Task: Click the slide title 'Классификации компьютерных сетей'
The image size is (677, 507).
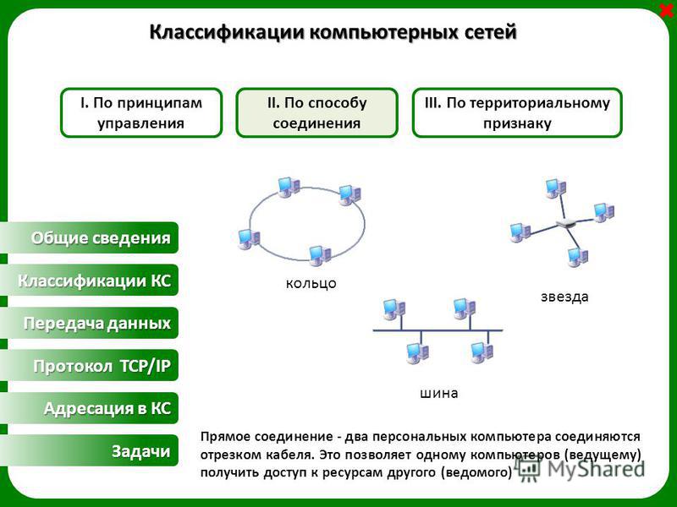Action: click(x=333, y=32)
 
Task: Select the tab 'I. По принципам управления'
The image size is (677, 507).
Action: click(x=141, y=113)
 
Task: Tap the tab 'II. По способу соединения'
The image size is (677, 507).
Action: click(x=316, y=113)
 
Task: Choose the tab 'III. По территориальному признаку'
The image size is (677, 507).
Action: click(x=517, y=113)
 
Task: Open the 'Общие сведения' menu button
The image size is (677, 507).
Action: click(x=90, y=237)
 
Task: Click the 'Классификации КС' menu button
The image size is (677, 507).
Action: click(x=90, y=281)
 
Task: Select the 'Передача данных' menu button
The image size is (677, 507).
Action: click(x=90, y=323)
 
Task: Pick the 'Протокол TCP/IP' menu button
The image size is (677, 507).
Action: click(x=90, y=366)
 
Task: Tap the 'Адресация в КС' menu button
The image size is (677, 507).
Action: click(x=90, y=408)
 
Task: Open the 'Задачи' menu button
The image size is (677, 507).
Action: click(x=90, y=450)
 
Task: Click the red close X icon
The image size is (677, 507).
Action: click(x=668, y=10)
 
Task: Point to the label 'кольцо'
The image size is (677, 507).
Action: click(x=311, y=283)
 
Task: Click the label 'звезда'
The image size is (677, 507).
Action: click(x=564, y=297)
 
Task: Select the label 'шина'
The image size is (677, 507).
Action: click(x=438, y=393)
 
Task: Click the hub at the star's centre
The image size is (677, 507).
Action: click(x=566, y=223)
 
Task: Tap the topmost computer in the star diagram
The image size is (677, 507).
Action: click(x=555, y=188)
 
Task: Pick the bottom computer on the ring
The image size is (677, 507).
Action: click(x=320, y=255)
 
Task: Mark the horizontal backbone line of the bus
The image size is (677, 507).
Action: click(x=438, y=330)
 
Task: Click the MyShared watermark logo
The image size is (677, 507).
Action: click(x=580, y=469)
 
